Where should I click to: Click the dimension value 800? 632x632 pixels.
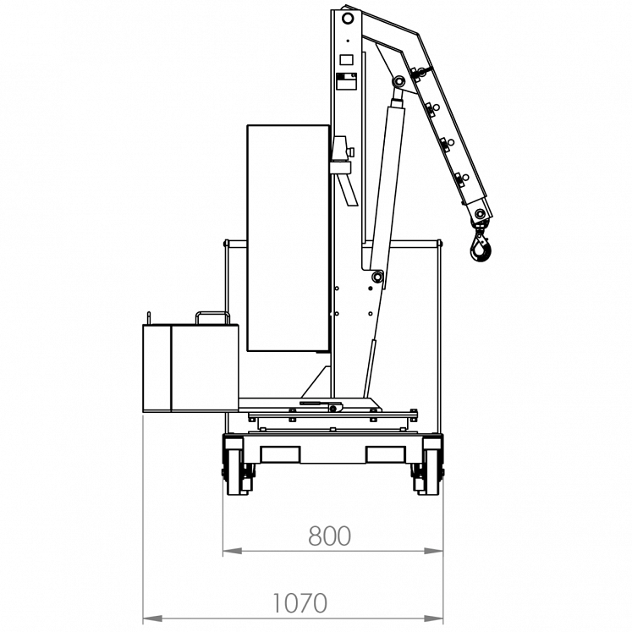329,536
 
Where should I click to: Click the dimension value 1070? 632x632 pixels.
300,603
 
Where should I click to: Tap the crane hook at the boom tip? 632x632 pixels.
480,246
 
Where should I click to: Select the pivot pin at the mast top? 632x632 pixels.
347,18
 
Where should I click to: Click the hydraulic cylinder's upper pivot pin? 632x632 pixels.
398,81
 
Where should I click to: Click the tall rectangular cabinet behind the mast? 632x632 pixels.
288,238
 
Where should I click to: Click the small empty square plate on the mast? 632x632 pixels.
345,60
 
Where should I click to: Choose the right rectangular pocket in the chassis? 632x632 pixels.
387,454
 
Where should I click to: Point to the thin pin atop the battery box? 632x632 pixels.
149,316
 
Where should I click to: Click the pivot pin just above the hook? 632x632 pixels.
480,213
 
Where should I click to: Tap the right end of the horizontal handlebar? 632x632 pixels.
439,244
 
